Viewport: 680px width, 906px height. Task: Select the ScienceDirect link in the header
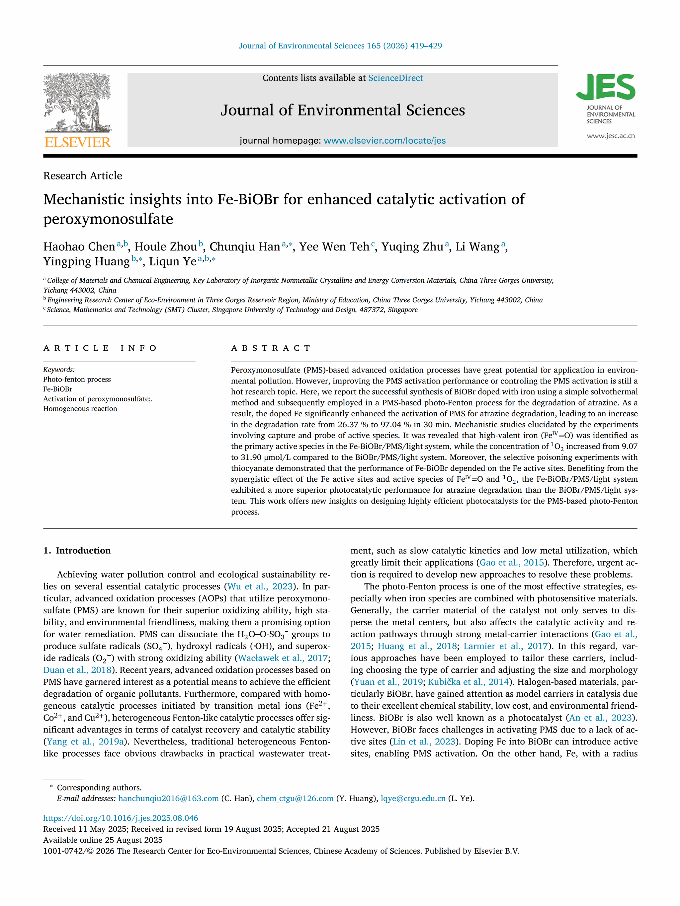[x=395, y=78]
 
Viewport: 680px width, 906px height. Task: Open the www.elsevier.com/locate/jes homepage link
[x=384, y=140]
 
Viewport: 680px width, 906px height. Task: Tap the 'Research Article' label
[x=83, y=176]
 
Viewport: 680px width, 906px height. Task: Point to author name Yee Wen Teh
[x=334, y=246]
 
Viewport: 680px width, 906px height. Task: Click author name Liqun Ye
[x=173, y=261]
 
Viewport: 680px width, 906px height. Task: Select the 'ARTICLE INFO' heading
[x=100, y=348]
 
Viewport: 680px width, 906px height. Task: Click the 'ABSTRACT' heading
[x=271, y=348]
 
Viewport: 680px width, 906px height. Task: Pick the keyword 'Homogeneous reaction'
[x=80, y=408]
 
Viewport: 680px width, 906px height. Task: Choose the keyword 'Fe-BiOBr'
[x=58, y=389]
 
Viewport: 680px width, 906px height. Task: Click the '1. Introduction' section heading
[x=77, y=550]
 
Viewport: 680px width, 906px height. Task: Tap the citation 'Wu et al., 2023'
[x=260, y=587]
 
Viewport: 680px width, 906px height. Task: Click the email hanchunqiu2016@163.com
[x=168, y=798]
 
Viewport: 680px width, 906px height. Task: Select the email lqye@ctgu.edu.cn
[x=413, y=798]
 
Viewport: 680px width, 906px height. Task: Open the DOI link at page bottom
[x=121, y=818]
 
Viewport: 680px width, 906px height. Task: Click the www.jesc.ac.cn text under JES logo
[x=610, y=136]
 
